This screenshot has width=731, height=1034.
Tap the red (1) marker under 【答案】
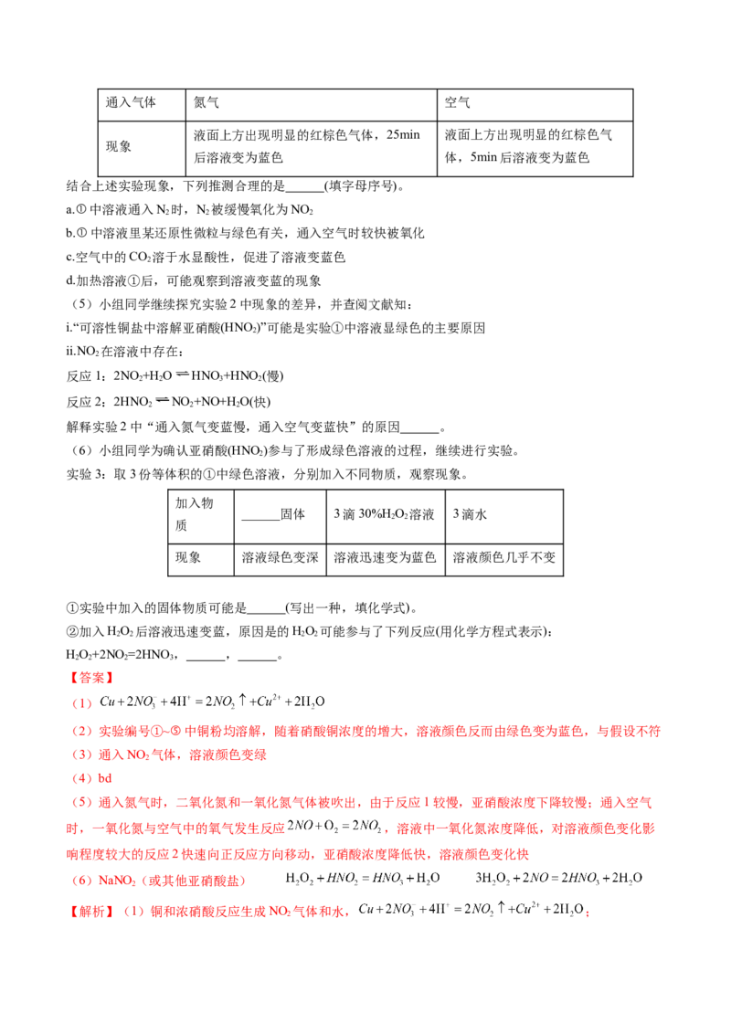pyautogui.click(x=82, y=703)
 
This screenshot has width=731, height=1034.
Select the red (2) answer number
pyautogui.click(x=82, y=731)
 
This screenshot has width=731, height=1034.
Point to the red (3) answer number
pyautogui.click(x=82, y=755)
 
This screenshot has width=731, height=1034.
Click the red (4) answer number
pyautogui.click(x=82, y=778)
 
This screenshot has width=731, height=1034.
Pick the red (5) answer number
pyautogui.click(x=82, y=803)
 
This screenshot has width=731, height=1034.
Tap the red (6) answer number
pyautogui.click(x=82, y=881)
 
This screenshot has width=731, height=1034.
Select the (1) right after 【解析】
pyautogui.click(x=133, y=912)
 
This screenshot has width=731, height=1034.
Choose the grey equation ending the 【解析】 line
pyautogui.click(x=470, y=909)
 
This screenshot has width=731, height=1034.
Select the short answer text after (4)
pyautogui.click(x=103, y=778)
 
